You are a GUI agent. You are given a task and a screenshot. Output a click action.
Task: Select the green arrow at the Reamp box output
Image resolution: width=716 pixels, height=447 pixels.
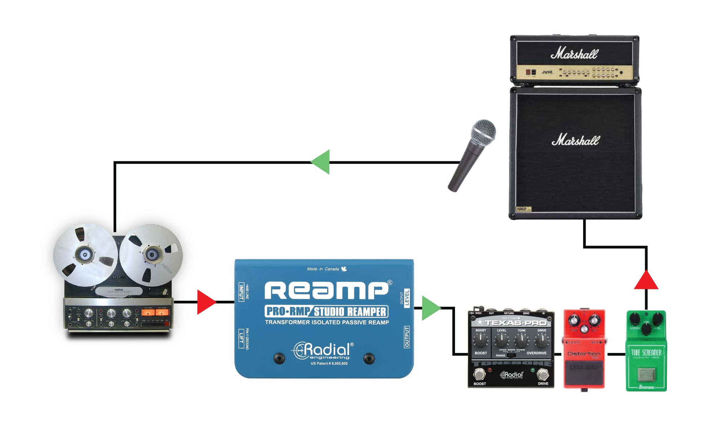click(430, 308)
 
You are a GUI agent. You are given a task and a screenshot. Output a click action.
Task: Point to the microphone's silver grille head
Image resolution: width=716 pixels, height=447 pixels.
click(484, 131)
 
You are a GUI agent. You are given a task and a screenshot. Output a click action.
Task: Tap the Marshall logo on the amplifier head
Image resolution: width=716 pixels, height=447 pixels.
click(574, 54)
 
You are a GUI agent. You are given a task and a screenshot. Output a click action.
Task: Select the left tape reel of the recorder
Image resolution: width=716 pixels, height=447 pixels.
click(85, 255)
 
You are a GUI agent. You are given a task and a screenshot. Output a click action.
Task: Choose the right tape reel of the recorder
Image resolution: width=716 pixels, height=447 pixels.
click(151, 255)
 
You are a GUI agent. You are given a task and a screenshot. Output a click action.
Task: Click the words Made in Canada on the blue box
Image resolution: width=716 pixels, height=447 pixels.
click(323, 269)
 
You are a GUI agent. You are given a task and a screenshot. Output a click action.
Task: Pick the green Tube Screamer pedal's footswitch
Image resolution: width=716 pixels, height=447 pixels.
click(647, 374)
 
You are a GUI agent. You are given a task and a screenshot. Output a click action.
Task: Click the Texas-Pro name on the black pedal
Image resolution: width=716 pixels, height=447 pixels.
click(516, 323)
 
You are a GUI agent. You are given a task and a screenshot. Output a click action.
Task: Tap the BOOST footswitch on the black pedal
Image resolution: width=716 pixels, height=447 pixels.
click(479, 374)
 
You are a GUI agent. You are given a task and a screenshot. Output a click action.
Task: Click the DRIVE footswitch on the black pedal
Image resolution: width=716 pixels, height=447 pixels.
click(543, 374)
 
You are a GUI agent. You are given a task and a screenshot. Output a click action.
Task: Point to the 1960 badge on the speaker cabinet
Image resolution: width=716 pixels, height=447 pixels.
click(523, 209)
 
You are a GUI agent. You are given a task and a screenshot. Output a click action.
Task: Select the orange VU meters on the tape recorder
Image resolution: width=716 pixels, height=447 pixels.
click(155, 312)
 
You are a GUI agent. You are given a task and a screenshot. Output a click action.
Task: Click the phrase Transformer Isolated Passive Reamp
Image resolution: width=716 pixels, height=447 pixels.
click(327, 322)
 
